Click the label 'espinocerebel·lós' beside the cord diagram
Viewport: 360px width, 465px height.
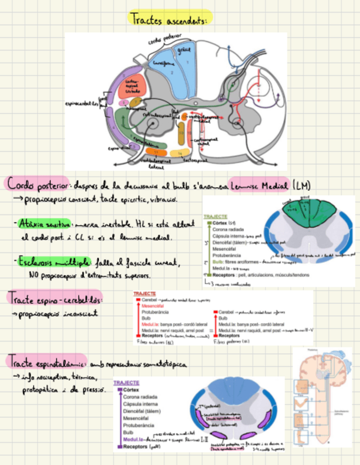pyautogui.click(x=82, y=103)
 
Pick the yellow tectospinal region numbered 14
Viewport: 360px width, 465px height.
pyautogui.click(x=179, y=152)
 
